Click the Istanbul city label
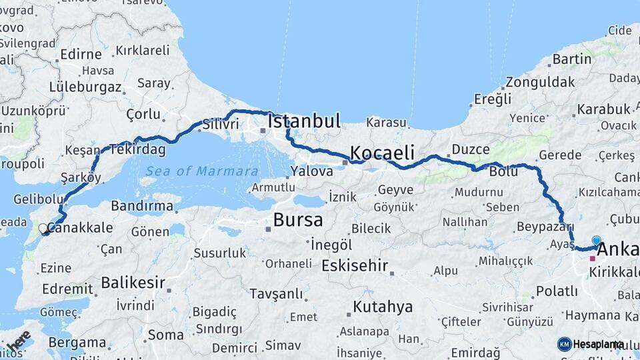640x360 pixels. point(304,121)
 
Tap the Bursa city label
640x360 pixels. point(298,219)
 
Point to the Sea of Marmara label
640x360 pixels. point(201,171)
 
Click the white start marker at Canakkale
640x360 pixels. point(43,229)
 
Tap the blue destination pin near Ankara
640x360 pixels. point(596,241)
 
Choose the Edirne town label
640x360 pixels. point(81,55)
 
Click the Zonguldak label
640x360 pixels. point(540,83)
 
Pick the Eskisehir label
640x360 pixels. point(354,265)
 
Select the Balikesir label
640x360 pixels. point(133,282)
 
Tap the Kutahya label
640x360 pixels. point(383,307)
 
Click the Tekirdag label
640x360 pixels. point(138,149)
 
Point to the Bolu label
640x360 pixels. point(503,171)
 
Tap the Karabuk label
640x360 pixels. point(603,109)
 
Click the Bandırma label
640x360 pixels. point(142,206)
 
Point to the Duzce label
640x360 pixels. point(471,149)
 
